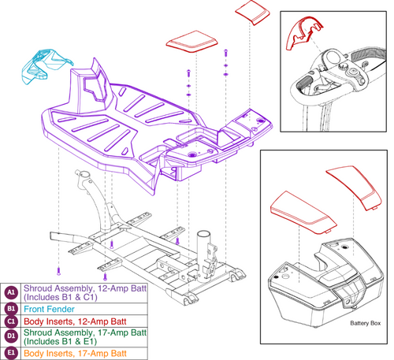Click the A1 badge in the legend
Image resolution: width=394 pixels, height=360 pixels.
11,292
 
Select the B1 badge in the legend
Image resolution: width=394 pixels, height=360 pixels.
11,310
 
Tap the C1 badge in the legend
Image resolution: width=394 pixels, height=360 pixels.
11,321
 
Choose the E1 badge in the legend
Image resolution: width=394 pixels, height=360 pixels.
11,354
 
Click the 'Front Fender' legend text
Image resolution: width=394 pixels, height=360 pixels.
54,310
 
